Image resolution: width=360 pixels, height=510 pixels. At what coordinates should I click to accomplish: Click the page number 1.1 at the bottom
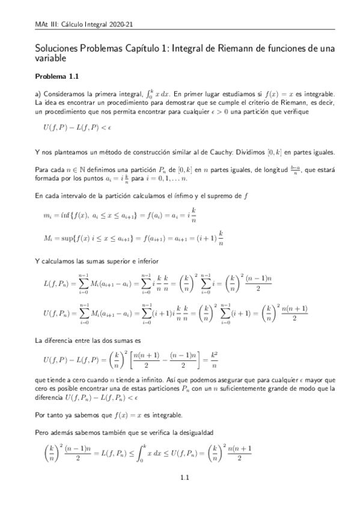(185, 496)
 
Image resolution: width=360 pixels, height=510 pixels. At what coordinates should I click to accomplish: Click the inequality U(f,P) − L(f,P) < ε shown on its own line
(71, 128)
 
